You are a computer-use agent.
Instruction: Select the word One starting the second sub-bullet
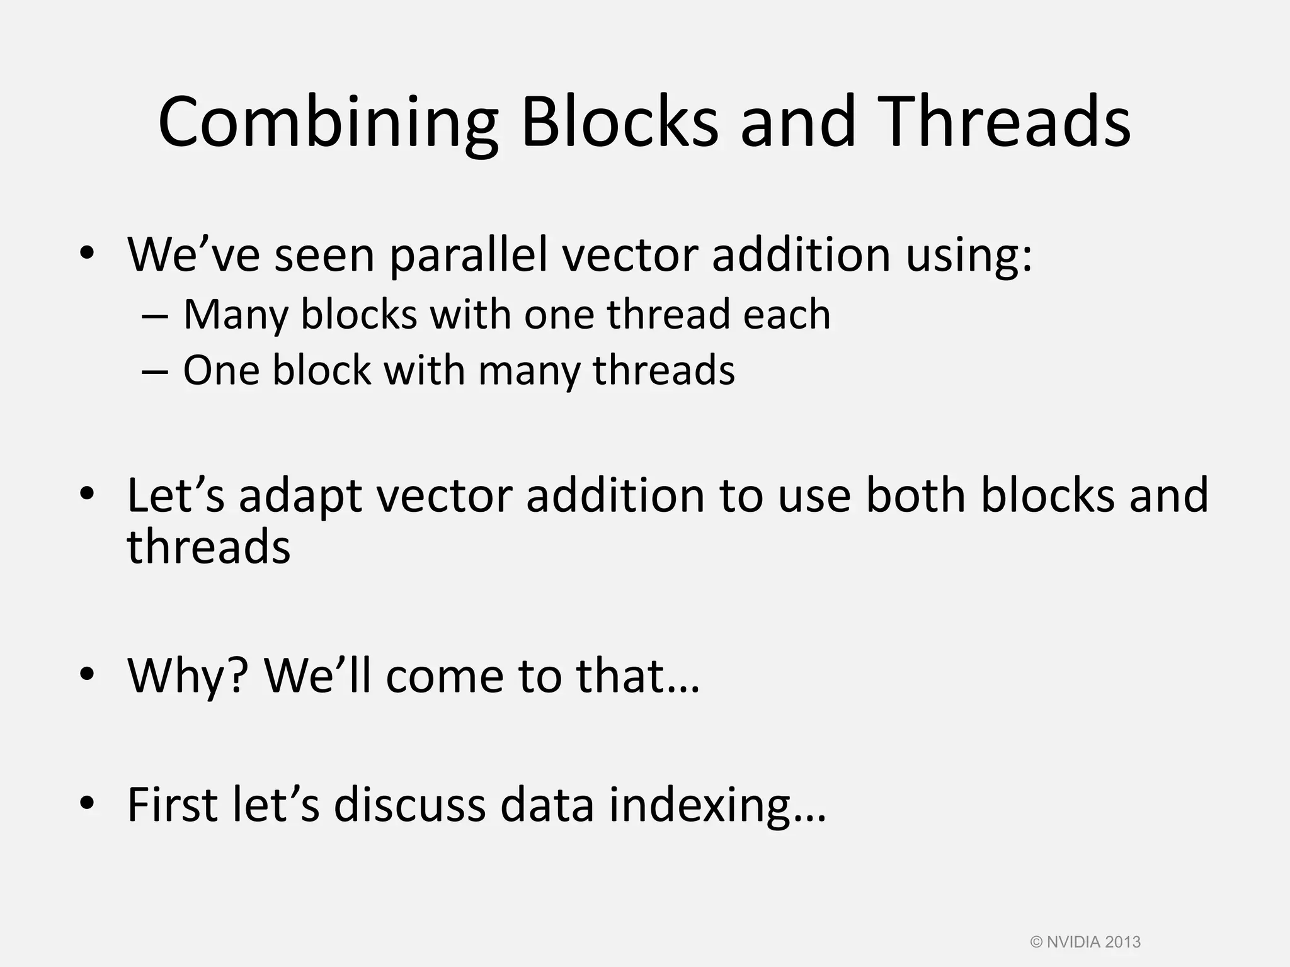point(220,370)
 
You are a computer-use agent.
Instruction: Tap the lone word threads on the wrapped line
point(208,546)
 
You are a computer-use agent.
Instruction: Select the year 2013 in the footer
point(1122,942)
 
